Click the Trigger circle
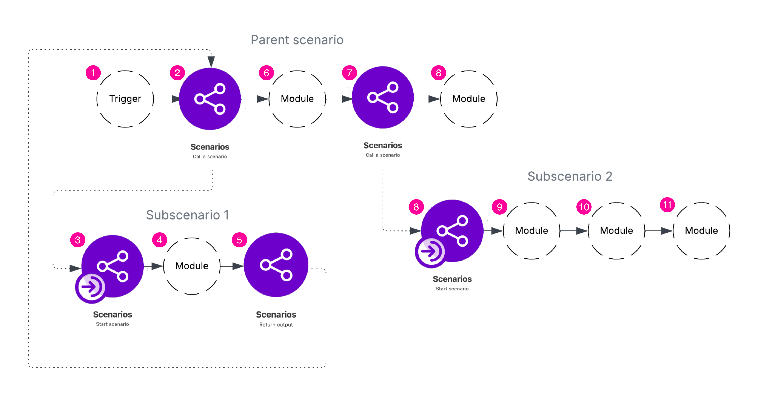point(125,99)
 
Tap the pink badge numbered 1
point(93,73)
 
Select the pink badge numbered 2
point(177,73)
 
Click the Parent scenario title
point(297,40)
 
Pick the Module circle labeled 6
point(297,99)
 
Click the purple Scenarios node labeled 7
point(382,97)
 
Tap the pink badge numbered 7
point(349,73)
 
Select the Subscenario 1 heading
point(187,215)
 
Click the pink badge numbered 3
point(78,240)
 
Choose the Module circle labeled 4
point(192,266)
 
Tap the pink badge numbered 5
point(239,240)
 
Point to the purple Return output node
point(276,265)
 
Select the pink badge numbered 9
point(499,207)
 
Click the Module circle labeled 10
point(616,231)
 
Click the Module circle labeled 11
point(701,231)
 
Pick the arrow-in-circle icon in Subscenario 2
point(430,252)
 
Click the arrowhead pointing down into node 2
point(211,61)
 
